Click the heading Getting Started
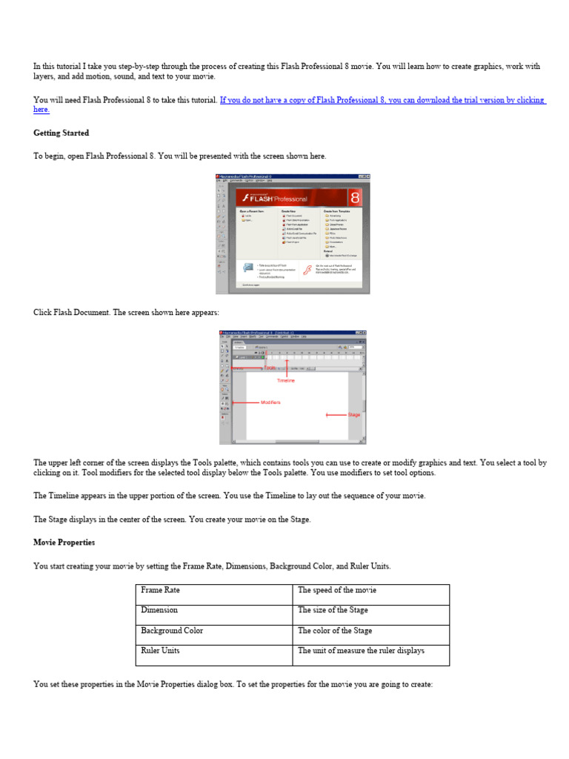tap(61, 133)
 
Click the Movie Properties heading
tap(64, 543)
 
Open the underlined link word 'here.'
tap(41, 110)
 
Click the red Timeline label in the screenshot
tap(286, 380)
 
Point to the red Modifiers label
tap(270, 402)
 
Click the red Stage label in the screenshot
tap(354, 415)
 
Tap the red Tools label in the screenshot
tap(270, 368)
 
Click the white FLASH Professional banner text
tap(275, 199)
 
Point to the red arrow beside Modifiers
tap(245, 402)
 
